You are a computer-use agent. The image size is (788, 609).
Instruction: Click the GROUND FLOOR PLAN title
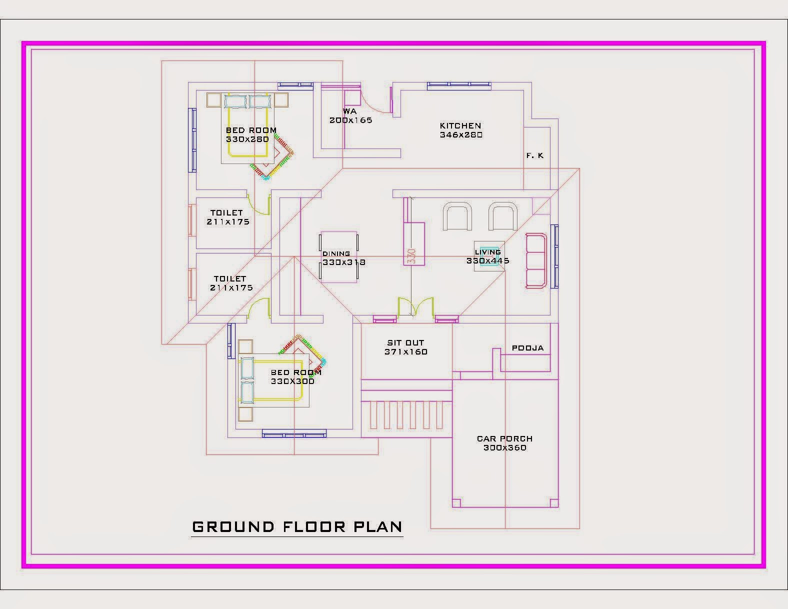coord(297,527)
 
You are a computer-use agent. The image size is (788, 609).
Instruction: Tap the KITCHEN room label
coord(460,126)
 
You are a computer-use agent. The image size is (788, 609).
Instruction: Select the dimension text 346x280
coord(461,135)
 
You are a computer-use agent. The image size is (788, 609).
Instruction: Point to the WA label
coord(349,111)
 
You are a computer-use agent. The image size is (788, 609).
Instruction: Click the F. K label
coord(534,156)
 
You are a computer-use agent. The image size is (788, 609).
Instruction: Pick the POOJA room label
coord(527,348)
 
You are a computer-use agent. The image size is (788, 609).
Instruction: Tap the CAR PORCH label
coord(504,439)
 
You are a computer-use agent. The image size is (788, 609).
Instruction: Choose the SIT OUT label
coord(405,343)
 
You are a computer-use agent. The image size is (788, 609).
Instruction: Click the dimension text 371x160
coord(406,352)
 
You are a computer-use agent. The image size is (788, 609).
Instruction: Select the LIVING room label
coord(487,252)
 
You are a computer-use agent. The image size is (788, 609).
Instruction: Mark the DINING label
coord(336,254)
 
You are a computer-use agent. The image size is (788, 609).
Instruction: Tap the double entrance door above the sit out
coord(415,306)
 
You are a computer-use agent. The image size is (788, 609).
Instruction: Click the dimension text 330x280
coord(247,139)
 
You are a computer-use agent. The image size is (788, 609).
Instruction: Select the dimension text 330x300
coord(292,381)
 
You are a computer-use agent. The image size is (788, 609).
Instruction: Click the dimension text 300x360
coord(504,448)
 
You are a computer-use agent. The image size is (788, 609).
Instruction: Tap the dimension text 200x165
coord(350,120)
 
